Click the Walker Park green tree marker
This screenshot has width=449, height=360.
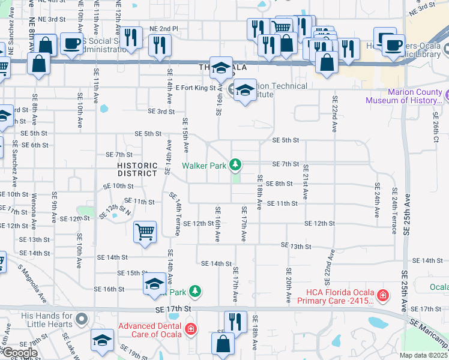236,164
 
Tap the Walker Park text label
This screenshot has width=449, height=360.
205,164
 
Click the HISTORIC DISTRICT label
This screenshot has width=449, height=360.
137,169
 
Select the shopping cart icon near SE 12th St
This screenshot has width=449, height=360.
145,232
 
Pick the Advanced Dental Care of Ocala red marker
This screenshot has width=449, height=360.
190,328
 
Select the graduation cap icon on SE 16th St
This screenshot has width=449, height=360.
154,284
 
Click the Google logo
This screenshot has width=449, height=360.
19,353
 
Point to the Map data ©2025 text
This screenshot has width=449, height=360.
424,355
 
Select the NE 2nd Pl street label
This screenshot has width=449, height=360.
164,28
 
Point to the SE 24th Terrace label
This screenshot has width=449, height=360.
395,209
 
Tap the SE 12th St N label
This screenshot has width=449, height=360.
115,211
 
